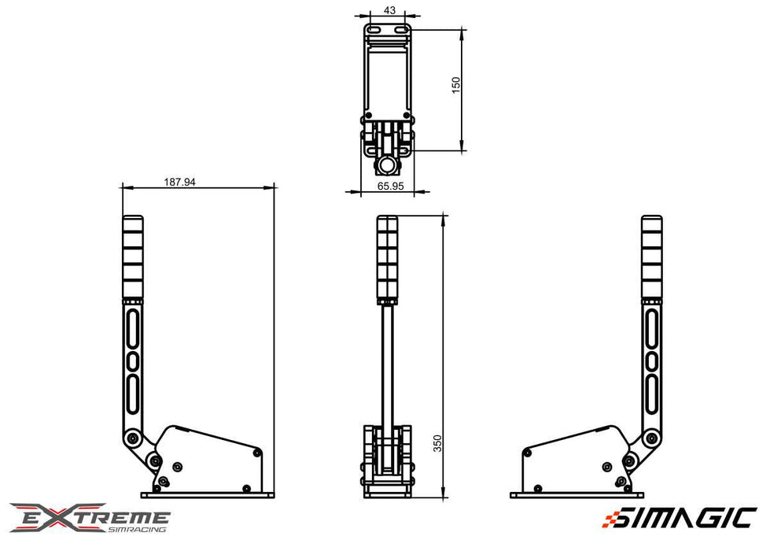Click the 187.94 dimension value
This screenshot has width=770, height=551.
(x=179, y=182)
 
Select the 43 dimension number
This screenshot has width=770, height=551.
(x=389, y=10)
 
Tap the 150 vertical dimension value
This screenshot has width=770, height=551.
(x=455, y=85)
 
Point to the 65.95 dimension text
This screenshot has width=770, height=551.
(x=390, y=186)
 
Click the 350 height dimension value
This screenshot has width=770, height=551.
(x=437, y=443)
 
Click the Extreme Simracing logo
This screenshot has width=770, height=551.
(x=90, y=517)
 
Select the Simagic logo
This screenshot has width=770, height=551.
(x=679, y=518)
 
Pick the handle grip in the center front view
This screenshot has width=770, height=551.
(x=388, y=259)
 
